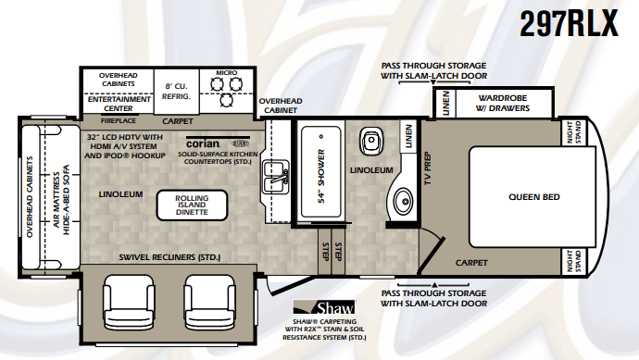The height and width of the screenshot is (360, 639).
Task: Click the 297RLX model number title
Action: point(568,24)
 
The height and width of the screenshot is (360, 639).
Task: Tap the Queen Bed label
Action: point(533,196)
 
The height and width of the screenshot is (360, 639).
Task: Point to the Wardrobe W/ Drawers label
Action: point(503,102)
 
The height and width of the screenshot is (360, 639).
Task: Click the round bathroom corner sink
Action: point(404,199)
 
